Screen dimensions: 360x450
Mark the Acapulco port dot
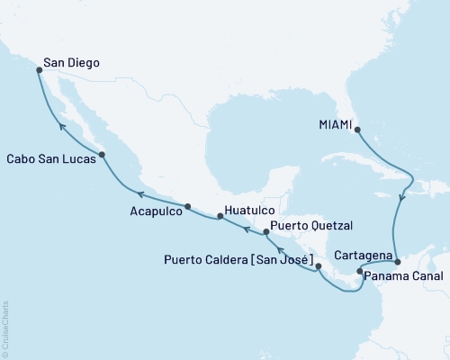pos(187,207)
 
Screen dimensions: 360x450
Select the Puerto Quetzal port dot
pos(265,232)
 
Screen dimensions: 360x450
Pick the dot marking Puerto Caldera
pos(319,267)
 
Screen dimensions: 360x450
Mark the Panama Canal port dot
pos(359,271)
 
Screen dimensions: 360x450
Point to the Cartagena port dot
pos(397,261)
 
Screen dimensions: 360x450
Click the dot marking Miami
pos(356,130)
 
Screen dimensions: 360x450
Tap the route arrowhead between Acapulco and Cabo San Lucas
pos(139,191)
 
